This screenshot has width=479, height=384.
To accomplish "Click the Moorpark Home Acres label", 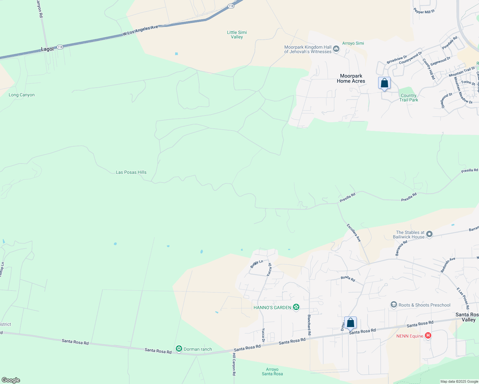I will click(x=351, y=78).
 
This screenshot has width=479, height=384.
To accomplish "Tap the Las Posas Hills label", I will click(x=131, y=172).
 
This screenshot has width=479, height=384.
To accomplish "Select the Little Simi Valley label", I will click(x=237, y=35).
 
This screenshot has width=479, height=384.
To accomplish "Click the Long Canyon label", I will click(x=21, y=95).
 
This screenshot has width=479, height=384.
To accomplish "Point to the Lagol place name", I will click(x=47, y=49).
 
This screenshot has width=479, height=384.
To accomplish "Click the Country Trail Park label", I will click(x=409, y=98).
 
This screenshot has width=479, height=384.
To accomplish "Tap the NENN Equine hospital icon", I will click(x=428, y=336).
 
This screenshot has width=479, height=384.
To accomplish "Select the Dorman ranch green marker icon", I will click(x=179, y=349).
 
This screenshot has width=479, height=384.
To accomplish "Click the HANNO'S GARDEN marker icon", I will click(x=296, y=307).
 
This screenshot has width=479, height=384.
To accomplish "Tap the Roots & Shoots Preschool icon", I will click(x=394, y=305).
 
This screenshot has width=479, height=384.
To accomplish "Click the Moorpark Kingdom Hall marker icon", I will click(x=336, y=49).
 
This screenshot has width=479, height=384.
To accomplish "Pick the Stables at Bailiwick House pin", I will click(x=430, y=235).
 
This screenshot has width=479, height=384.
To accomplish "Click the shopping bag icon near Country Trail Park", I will click(x=384, y=83).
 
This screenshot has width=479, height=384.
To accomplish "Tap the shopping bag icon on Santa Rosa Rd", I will click(x=350, y=323).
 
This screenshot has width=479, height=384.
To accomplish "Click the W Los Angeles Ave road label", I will click(x=140, y=31).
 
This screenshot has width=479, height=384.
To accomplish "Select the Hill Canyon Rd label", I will click(x=234, y=364).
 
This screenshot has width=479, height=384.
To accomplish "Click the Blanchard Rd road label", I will click(x=309, y=325).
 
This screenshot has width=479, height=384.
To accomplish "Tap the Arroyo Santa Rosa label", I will click(x=272, y=372).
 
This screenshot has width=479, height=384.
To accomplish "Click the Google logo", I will click(x=11, y=380).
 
